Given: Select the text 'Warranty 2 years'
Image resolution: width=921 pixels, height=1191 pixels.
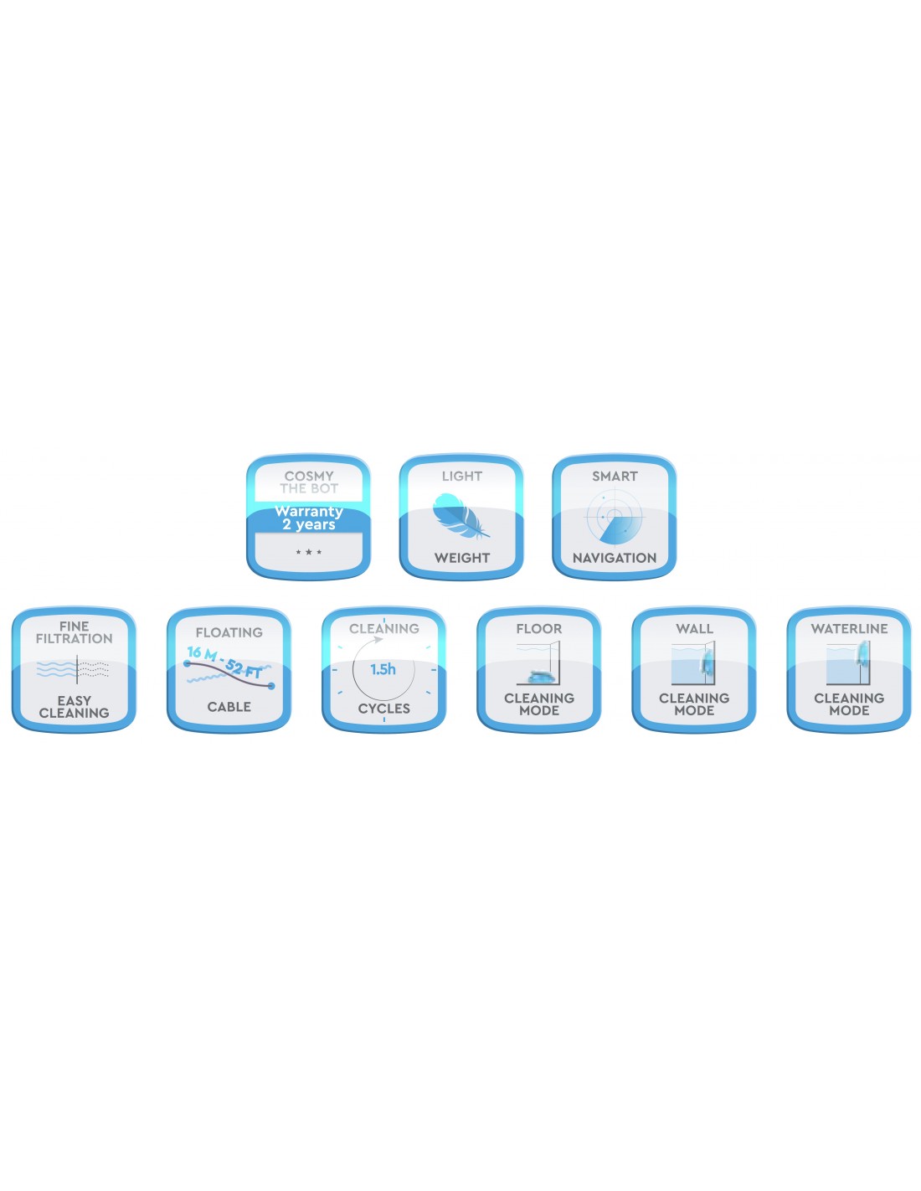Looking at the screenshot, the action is point(308,518).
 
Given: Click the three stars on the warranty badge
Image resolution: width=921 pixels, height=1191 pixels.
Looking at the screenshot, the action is point(308,552).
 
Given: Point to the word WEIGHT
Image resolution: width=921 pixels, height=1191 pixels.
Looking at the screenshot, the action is point(461,558).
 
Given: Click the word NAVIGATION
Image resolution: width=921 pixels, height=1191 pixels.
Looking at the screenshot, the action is point(614,558).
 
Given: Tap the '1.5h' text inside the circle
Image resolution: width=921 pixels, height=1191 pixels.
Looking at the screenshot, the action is point(383,669).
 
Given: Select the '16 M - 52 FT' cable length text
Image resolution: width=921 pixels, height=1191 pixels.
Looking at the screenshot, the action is point(224,661).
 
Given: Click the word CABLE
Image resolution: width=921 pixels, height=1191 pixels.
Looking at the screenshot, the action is point(229,707).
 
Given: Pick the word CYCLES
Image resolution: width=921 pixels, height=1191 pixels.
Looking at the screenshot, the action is point(383,708).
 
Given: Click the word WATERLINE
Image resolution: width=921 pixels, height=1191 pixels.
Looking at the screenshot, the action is point(848,629).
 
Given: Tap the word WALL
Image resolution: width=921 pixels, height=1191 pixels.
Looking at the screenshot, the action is point(693,629).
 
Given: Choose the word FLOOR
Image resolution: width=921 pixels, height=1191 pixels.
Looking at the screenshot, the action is point(538,629).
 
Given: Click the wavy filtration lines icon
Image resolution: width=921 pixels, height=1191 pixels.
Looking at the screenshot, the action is point(73,669).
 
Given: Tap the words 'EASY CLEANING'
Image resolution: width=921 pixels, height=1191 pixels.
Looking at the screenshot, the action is point(74,707).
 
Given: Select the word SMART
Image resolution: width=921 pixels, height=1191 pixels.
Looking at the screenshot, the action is point(615,477).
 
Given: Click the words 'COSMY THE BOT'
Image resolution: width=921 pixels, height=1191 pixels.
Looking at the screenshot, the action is point(308,482).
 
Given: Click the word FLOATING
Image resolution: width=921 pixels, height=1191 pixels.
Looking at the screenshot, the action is point(229,632).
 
